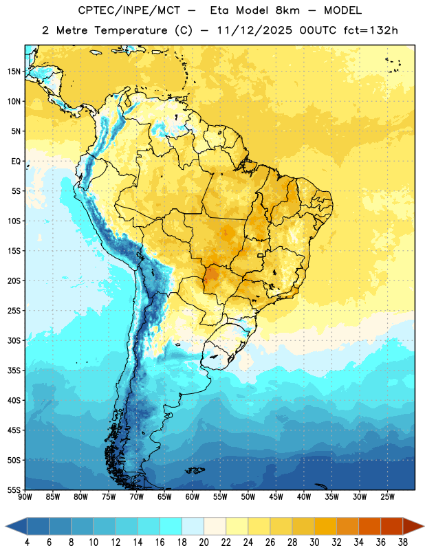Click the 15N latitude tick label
14,71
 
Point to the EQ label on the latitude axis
16,162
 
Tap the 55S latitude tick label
14,490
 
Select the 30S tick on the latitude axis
14,340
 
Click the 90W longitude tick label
25,497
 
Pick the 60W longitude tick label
193,497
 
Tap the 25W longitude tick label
387,497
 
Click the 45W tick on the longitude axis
276,497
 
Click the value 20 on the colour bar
204,542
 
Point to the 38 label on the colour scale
403,542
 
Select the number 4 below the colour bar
27,542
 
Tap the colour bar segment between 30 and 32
325,527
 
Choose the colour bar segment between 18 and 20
193,527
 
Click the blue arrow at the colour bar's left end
16,527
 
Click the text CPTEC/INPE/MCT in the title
129,10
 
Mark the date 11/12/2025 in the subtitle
254,30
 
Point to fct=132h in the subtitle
371,30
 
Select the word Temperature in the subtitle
131,30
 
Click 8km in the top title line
287,10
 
